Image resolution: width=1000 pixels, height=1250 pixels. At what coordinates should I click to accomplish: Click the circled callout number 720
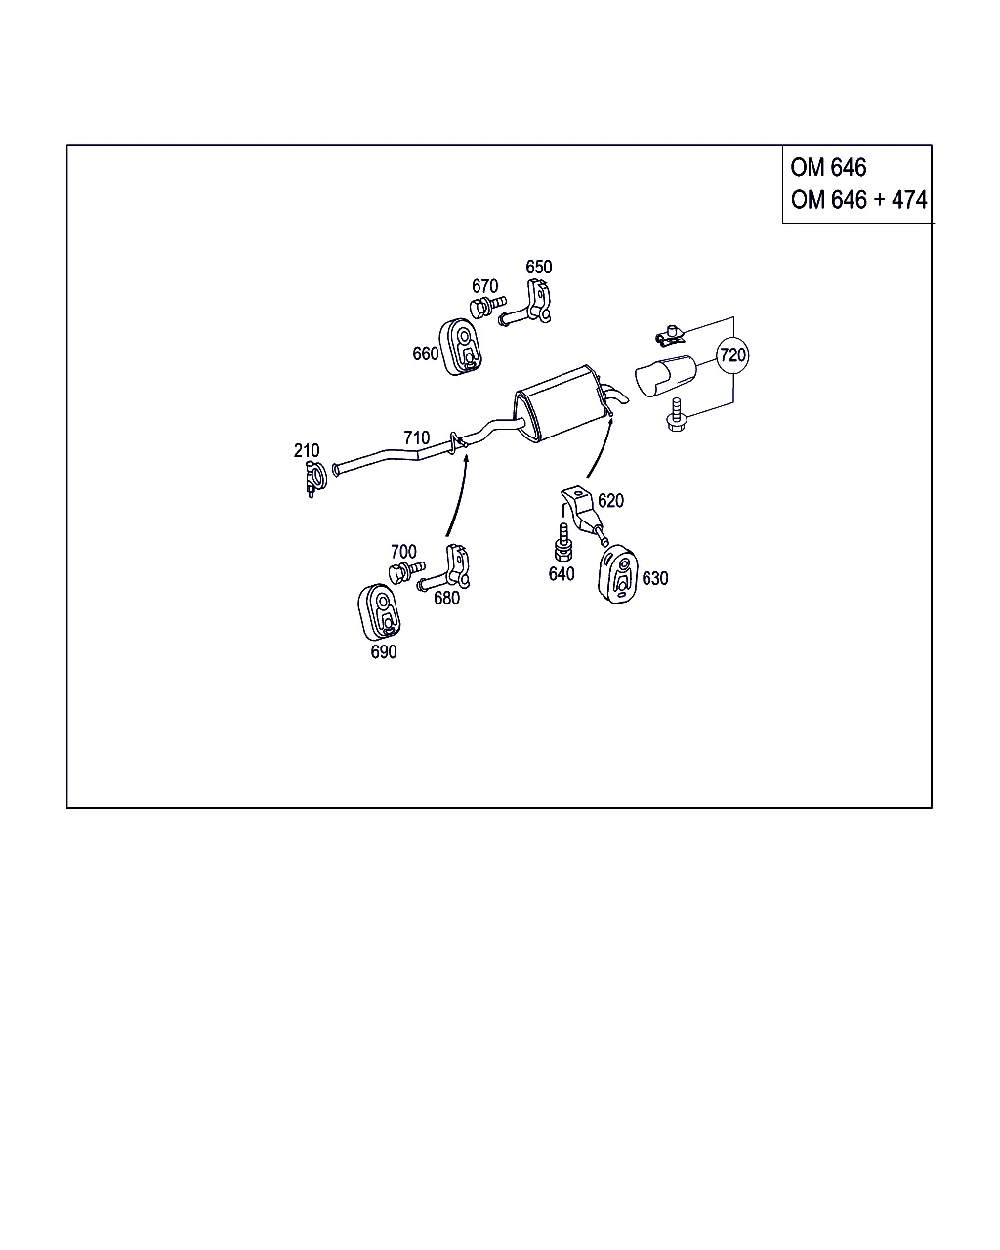pos(732,354)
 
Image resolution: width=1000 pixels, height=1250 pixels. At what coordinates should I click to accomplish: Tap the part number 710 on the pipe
pos(417,437)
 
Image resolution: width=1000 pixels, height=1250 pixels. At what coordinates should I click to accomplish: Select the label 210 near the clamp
pos(307,450)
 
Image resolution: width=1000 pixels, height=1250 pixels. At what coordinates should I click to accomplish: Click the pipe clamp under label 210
pos(315,479)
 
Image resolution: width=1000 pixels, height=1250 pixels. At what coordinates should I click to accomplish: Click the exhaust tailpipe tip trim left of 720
pos(665,376)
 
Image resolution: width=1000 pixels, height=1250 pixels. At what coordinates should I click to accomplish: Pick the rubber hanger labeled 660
pos(460,347)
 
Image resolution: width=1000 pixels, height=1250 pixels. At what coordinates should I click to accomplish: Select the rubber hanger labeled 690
pos(379,612)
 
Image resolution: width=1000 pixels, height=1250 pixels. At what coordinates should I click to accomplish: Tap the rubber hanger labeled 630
pos(617,574)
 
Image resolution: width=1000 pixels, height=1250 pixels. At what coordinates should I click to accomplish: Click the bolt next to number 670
pos(487,306)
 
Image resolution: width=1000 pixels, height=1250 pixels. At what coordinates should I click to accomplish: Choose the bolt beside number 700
pos(406,572)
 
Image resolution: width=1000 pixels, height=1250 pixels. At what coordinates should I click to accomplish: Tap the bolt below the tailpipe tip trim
pos(676,414)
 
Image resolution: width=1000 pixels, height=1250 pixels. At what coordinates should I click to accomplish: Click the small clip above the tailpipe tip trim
pos(670,336)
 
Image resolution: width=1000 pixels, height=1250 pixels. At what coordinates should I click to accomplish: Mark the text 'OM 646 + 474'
pos(858,200)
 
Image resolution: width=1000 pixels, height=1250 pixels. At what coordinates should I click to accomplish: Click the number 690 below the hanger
pos(384,651)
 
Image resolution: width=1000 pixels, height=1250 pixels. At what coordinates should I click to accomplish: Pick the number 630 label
pos(655,578)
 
